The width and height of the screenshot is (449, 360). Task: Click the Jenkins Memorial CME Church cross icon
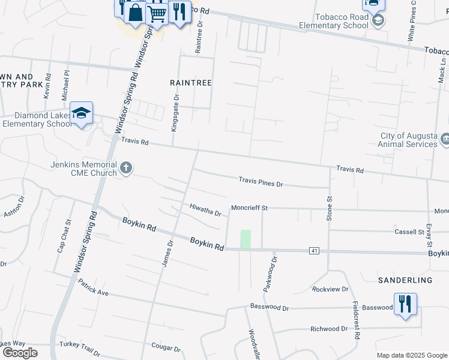[x=126, y=168]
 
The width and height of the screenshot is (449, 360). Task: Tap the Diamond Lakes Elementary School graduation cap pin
[x=81, y=113]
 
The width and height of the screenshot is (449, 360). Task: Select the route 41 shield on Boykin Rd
[x=314, y=250]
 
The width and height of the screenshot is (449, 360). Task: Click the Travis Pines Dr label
[x=261, y=181]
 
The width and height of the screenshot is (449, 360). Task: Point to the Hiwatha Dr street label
[x=206, y=210]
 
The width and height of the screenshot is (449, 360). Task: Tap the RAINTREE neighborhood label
[x=191, y=83]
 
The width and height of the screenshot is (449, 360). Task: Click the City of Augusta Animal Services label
[x=408, y=140]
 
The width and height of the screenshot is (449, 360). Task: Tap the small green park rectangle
[x=246, y=239]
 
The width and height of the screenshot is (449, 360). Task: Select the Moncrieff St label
[x=249, y=208]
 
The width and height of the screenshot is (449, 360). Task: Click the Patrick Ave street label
[x=92, y=291]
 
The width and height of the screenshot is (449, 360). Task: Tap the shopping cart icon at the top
[x=157, y=13]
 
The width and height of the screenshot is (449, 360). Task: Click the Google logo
[x=19, y=352]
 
